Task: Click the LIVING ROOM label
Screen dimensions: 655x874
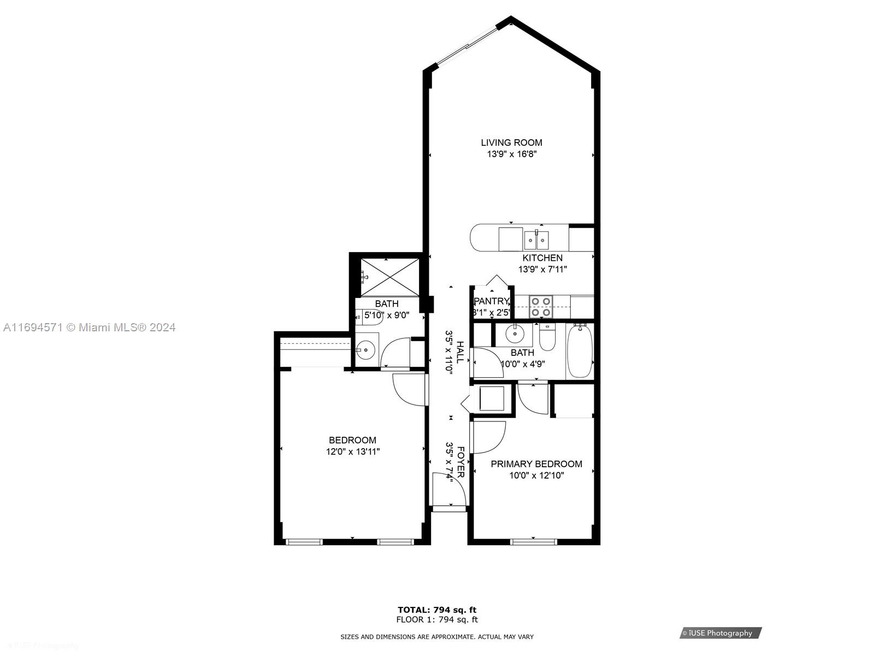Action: (511, 142)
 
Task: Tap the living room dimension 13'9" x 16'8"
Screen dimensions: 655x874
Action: (511, 154)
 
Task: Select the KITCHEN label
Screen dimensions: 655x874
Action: (542, 258)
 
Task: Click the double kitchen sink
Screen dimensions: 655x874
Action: (536, 240)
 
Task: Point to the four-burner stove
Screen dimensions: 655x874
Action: (541, 307)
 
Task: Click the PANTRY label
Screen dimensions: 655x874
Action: (491, 301)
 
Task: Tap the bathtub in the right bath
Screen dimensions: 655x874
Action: (580, 350)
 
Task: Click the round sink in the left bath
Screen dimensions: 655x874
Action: (365, 349)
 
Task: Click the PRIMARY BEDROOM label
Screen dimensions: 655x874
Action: (536, 464)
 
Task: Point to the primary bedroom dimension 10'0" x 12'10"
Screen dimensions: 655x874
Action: (536, 475)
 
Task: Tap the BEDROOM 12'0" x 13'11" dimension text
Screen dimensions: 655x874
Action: (352, 452)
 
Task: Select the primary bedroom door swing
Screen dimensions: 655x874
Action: (489, 437)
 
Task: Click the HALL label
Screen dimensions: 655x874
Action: (460, 353)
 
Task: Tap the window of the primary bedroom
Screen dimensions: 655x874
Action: (533, 541)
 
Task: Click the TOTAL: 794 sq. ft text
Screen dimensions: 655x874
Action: (436, 610)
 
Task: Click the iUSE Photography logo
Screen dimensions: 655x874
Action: (721, 633)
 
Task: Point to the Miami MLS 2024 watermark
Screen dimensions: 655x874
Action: (90, 327)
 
